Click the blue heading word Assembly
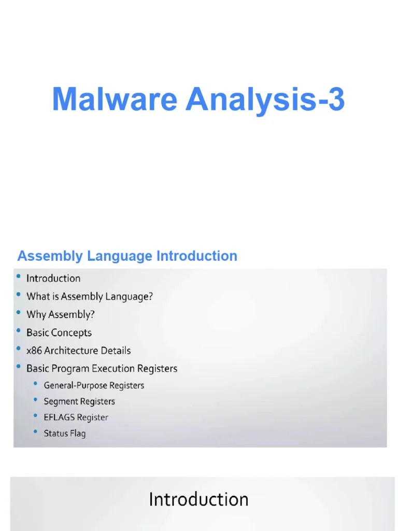click(50, 256)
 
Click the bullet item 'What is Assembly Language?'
click(90, 297)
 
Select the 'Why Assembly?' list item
click(61, 315)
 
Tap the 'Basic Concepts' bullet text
click(59, 332)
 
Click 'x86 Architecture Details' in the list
click(78, 351)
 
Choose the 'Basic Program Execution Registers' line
click(102, 369)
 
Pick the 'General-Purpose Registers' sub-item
click(94, 385)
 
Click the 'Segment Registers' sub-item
click(79, 401)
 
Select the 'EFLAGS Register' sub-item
click(76, 417)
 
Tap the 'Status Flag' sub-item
click(65, 434)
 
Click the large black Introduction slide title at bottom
click(198, 499)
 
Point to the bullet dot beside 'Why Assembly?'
click(19, 313)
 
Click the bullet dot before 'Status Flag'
click(36, 432)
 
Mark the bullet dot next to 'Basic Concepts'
click(19, 331)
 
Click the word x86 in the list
click(34, 351)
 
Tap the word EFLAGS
click(60, 417)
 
